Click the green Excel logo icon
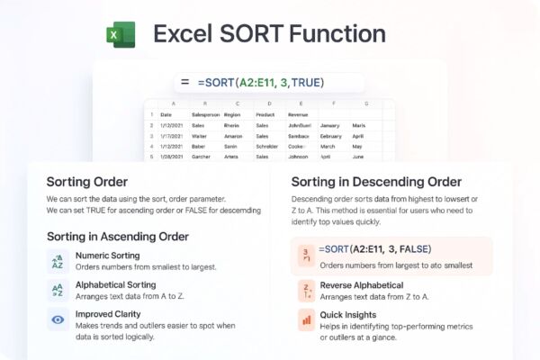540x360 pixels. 120,35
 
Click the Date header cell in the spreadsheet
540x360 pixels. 166,115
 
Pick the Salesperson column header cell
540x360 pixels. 205,115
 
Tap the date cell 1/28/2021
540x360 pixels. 171,156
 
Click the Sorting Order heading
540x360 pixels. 86,181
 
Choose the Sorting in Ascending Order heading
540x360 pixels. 117,237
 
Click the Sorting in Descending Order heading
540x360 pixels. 376,181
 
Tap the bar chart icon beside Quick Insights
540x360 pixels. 306,319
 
